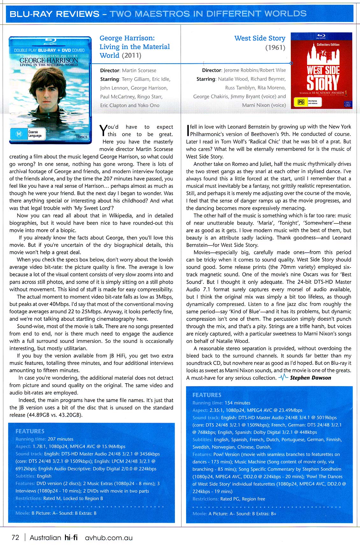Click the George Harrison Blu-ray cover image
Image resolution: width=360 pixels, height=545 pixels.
(x=50, y=90)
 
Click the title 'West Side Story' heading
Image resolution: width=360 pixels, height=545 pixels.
(x=260, y=39)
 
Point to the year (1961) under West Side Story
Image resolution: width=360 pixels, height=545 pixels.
(x=275, y=48)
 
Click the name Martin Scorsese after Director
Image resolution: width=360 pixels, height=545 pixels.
(x=139, y=70)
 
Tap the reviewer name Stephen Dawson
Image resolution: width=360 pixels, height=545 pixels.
(x=310, y=378)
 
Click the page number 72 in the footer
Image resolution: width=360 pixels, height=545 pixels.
(x=15, y=538)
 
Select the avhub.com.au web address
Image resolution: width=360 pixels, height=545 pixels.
(x=109, y=538)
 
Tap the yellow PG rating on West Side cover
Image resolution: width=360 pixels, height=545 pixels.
(x=300, y=102)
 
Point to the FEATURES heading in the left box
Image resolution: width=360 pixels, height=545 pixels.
(x=30, y=431)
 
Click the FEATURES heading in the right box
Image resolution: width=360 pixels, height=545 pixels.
(x=207, y=395)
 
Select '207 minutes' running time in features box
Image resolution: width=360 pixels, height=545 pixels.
(x=61, y=439)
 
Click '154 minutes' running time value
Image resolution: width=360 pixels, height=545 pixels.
(x=237, y=403)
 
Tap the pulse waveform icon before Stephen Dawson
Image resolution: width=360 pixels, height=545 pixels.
(x=283, y=378)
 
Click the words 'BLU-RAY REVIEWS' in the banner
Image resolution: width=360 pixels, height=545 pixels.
(x=54, y=14)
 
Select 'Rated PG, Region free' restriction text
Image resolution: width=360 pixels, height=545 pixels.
(x=242, y=499)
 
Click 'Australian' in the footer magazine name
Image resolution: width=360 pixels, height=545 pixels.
(x=45, y=538)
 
